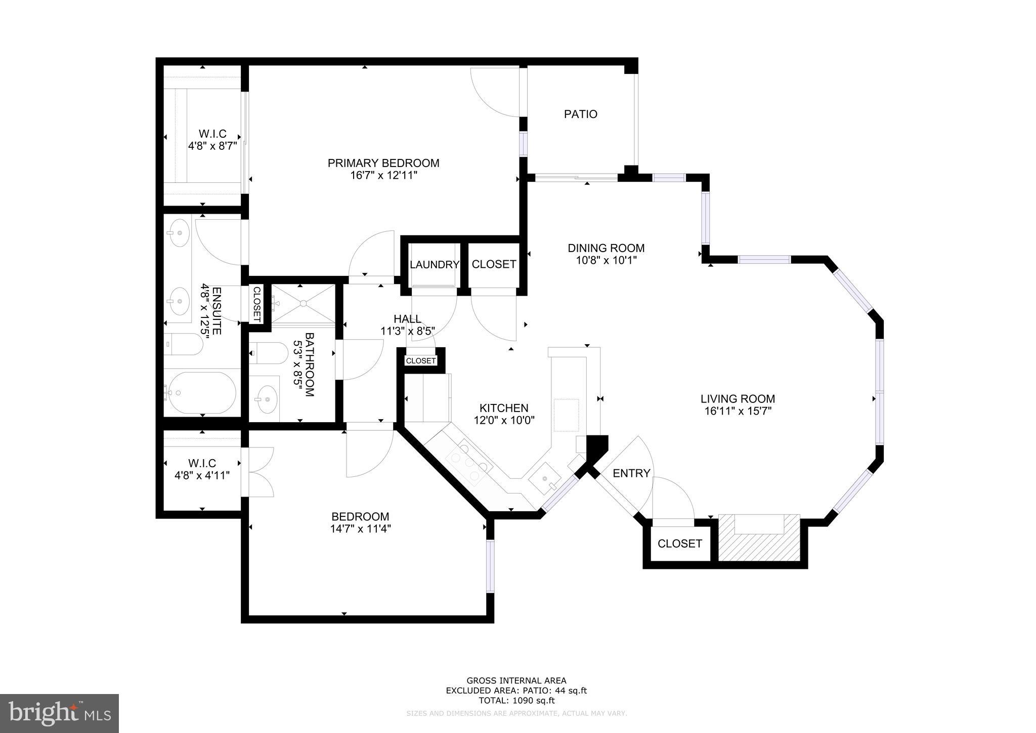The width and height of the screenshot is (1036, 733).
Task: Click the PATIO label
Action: (x=580, y=114)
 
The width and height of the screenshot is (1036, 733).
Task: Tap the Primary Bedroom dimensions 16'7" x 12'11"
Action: (x=383, y=176)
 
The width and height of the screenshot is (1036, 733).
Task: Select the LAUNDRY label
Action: (x=434, y=265)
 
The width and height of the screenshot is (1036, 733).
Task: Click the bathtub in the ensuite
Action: (x=202, y=392)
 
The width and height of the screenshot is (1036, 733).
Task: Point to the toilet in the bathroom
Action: (x=268, y=353)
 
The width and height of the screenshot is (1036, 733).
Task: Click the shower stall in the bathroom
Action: (x=303, y=304)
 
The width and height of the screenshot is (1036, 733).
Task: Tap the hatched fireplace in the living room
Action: (x=759, y=538)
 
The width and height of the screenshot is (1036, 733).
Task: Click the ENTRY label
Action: (x=631, y=473)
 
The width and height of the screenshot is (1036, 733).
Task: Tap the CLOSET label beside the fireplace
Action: (x=679, y=544)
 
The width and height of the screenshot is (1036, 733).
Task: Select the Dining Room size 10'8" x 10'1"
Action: (x=606, y=261)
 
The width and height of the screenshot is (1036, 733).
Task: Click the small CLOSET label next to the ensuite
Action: (x=256, y=304)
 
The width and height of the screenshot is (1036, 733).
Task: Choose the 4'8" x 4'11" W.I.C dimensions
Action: (x=202, y=476)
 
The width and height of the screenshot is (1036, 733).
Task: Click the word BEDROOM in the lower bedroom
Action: (x=360, y=517)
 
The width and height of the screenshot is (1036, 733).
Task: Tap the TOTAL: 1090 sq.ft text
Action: (x=516, y=701)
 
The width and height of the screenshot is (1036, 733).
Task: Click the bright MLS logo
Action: (x=60, y=713)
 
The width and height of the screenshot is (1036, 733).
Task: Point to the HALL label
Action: (x=407, y=319)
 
